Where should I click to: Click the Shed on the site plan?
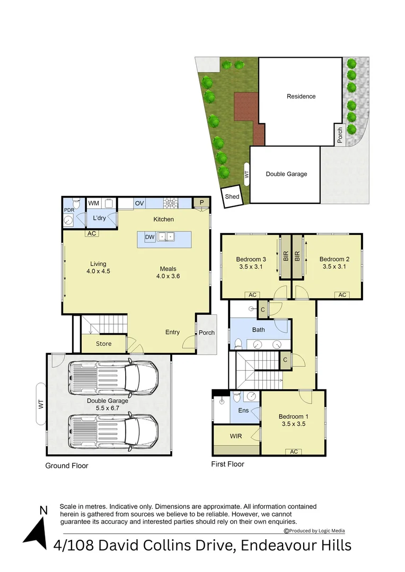232,196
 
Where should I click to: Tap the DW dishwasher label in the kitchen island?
149,237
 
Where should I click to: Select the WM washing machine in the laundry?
94,203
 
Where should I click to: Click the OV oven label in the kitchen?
139,203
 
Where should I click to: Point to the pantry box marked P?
201,202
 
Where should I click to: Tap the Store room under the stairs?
104,344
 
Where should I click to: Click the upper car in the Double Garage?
113,377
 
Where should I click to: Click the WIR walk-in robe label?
236,436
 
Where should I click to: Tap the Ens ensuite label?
243,410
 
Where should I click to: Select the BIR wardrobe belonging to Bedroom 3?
285,257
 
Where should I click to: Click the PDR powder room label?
69,210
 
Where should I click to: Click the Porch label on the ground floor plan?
207,333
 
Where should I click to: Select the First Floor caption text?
227,464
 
